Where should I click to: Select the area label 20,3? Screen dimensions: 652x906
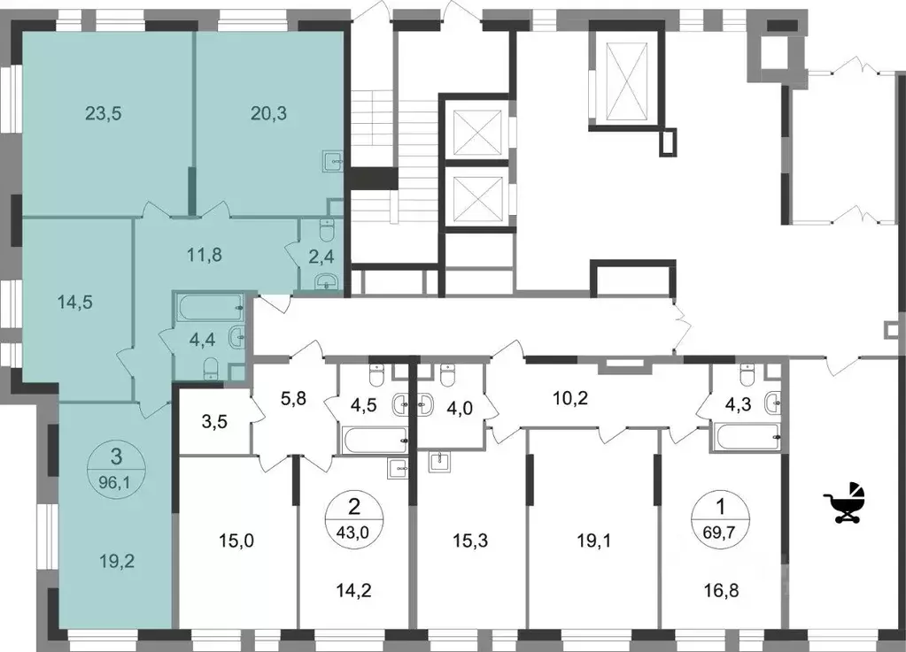coord(269,113)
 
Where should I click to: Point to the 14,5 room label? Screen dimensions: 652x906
coord(74,301)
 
